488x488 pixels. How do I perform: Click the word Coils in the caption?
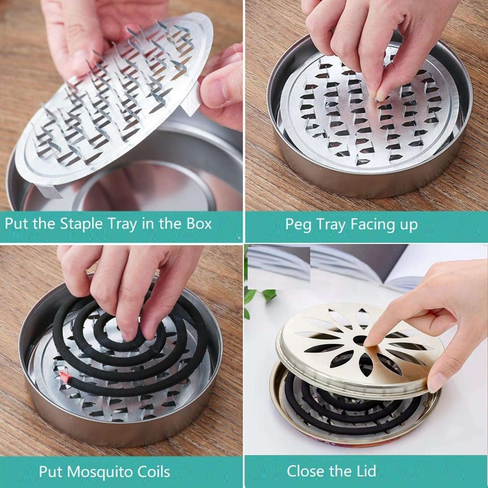tap(153, 471)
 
